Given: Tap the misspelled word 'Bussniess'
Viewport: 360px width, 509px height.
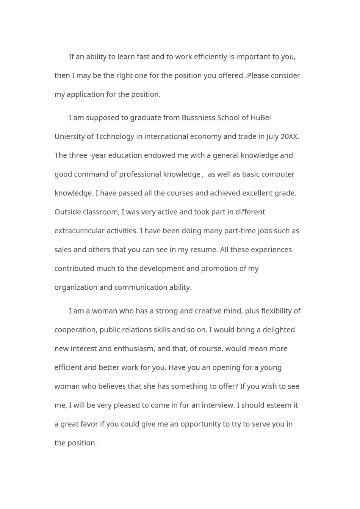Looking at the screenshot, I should coord(198,118).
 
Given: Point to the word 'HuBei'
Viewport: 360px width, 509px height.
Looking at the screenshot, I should coord(261,118).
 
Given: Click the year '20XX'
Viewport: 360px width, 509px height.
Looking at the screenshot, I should coord(289,137).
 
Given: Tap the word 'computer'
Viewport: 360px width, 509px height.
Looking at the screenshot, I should coord(279,174).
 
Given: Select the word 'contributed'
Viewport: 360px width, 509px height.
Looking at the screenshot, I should coord(74,269).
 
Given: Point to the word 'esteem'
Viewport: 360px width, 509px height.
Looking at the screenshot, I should coord(278,405).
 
